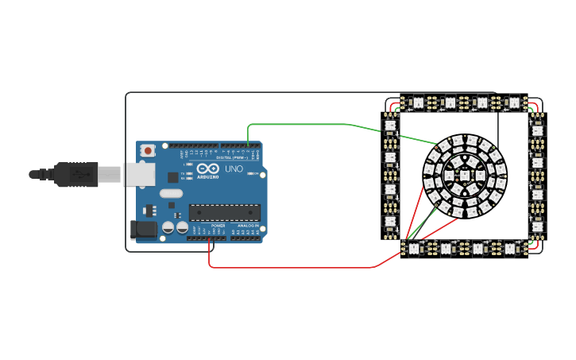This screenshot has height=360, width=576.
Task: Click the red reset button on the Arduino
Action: (x=148, y=150)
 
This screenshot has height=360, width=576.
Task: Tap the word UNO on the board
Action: (x=234, y=169)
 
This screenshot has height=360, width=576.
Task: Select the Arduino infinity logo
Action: (x=208, y=169)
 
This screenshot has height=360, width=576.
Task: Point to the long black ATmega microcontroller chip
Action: (x=224, y=212)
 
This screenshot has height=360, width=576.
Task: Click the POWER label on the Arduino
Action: (x=218, y=226)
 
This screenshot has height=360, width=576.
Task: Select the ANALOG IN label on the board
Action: (x=248, y=226)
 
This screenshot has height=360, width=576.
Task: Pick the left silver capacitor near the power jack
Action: (x=168, y=228)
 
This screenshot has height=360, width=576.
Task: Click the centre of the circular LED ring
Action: (x=465, y=175)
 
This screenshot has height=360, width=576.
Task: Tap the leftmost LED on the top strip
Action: (x=417, y=103)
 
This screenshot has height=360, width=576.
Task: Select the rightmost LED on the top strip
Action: (x=514, y=103)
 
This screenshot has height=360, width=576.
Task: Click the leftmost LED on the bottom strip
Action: (x=413, y=248)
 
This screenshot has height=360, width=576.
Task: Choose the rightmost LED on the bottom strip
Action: (x=510, y=248)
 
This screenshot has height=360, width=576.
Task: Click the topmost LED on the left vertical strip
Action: (x=390, y=126)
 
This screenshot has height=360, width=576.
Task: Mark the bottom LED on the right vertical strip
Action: (x=538, y=226)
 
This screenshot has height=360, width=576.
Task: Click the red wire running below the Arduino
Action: (x=294, y=267)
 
